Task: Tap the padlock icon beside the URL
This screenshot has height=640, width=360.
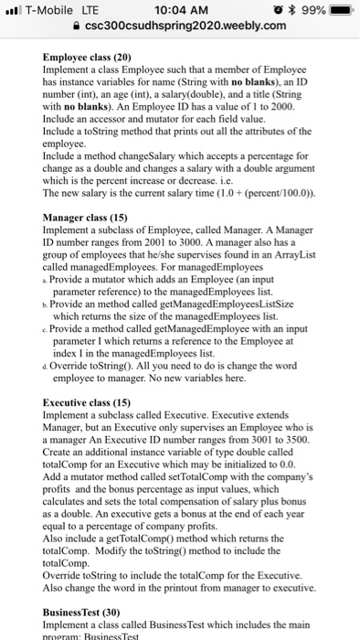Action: pos(78,26)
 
